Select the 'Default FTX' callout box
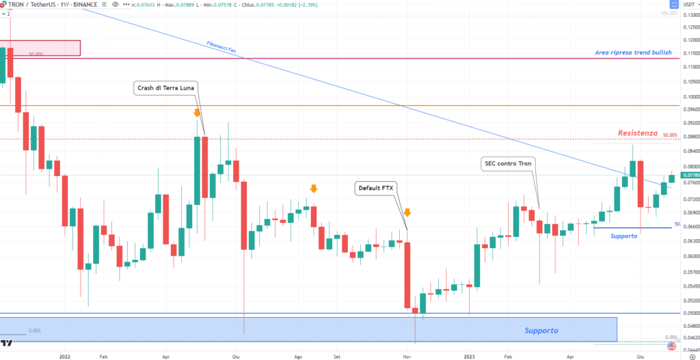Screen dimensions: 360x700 (378, 186)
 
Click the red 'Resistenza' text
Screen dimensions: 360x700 (637, 133)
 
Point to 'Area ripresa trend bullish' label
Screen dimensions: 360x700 (633, 53)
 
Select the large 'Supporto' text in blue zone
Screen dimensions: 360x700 (541, 331)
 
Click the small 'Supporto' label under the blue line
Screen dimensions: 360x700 (624, 236)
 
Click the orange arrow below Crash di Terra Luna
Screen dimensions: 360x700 (197, 113)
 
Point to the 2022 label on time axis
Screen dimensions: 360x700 (65, 356)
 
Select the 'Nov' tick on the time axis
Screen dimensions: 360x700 (406, 356)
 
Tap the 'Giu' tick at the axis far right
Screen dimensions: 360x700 (640, 356)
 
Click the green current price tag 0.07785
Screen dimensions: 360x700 (688, 175)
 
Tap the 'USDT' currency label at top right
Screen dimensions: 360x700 (686, 5)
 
